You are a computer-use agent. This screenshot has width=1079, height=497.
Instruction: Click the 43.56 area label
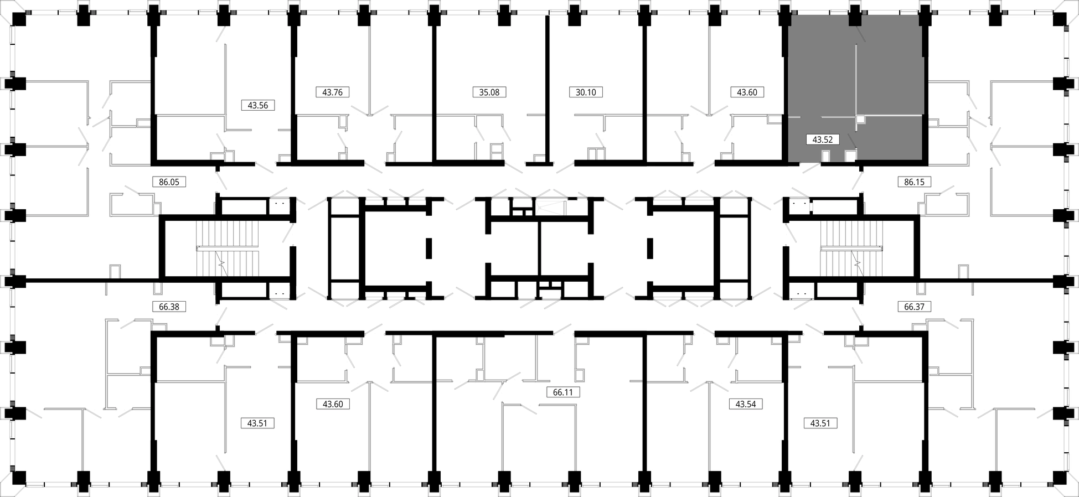tap(258, 105)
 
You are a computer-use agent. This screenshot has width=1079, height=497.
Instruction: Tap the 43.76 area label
tap(332, 92)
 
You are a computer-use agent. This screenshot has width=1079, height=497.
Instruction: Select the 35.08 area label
tap(489, 92)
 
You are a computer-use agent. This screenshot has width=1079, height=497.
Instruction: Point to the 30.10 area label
tap(586, 92)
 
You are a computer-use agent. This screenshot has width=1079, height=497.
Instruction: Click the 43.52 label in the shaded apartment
tap(823, 140)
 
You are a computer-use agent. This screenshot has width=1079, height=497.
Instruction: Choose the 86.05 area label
tap(169, 182)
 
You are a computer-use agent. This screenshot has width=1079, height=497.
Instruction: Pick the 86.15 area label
tap(914, 182)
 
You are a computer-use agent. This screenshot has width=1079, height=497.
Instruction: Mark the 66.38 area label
tap(169, 307)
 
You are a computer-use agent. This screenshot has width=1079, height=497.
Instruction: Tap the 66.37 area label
tap(914, 307)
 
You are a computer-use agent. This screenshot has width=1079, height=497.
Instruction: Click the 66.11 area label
tap(562, 392)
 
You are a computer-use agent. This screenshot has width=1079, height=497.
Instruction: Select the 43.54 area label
tap(746, 404)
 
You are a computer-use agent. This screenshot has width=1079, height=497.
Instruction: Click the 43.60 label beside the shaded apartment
tap(747, 92)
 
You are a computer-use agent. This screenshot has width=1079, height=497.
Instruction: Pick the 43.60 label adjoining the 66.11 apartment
tap(333, 404)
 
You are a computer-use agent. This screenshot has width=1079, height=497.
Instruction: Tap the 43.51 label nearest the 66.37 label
tap(820, 423)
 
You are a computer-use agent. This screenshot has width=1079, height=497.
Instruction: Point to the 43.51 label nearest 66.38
tap(257, 423)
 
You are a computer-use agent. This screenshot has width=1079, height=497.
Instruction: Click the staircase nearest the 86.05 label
tap(228, 249)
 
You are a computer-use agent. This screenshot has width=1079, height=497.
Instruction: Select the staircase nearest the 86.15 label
tap(851, 249)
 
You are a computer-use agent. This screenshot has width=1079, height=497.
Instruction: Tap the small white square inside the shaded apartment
tap(860, 119)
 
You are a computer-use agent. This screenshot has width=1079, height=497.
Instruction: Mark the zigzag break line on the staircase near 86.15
tap(858, 262)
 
